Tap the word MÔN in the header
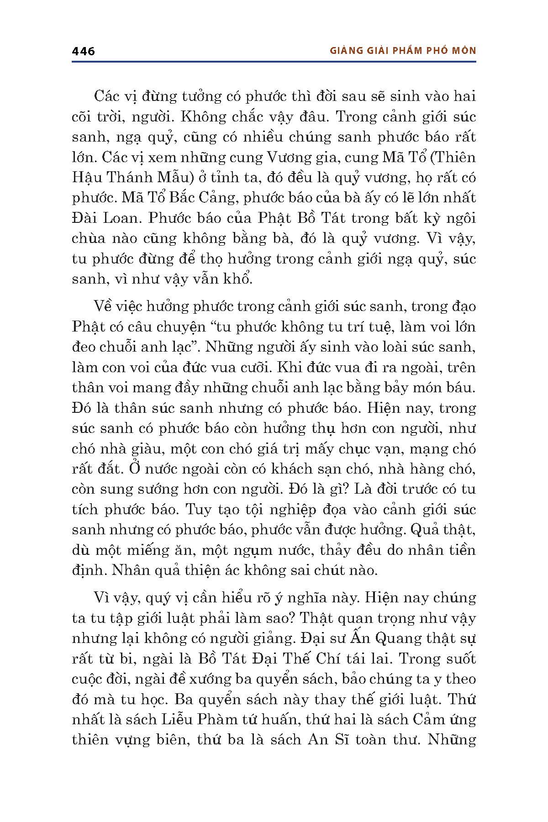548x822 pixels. (464, 51)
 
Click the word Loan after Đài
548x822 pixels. (121, 218)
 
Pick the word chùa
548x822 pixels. (89, 238)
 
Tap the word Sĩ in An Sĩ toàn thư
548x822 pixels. (349, 739)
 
